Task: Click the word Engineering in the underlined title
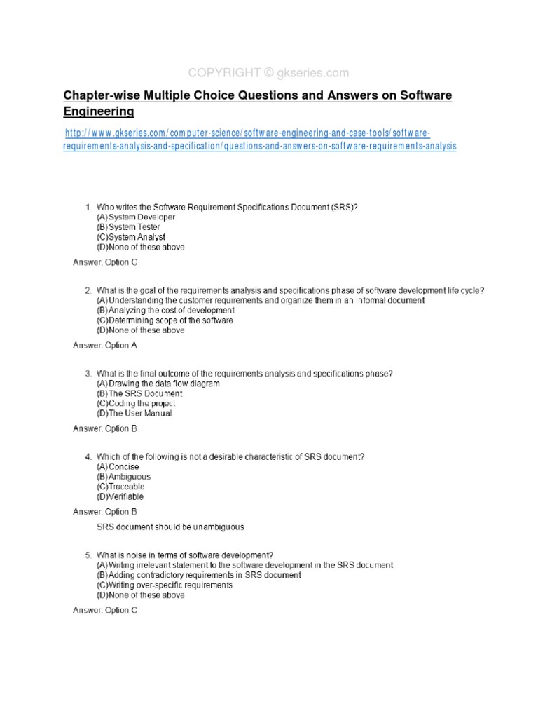(98, 111)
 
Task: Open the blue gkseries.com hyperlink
(259, 140)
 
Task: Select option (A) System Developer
(136, 217)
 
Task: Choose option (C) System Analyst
(131, 237)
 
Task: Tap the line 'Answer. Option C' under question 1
(105, 262)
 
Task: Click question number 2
(88, 290)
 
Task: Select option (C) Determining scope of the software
(165, 320)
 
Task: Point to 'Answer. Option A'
(105, 345)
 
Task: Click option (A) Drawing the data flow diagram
(158, 384)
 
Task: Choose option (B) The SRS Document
(139, 393)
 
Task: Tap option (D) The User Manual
(134, 414)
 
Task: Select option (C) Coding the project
(136, 404)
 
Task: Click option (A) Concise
(118, 467)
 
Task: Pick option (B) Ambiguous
(123, 477)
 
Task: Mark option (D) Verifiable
(120, 496)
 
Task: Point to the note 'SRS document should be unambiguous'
(170, 527)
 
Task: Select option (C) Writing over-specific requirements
(165, 585)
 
